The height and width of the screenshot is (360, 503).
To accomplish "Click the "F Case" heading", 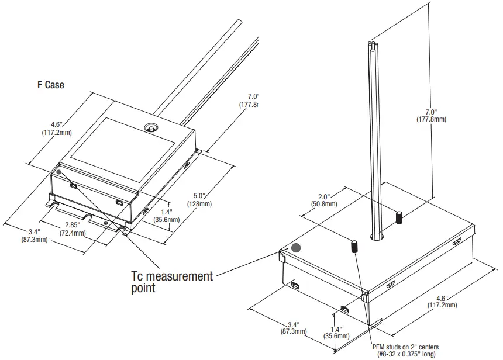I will [x=50, y=85].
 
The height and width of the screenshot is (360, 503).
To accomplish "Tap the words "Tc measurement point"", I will [x=172, y=281].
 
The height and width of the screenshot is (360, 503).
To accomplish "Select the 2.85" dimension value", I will [x=72, y=225].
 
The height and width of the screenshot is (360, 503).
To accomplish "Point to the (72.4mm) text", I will [x=72, y=233].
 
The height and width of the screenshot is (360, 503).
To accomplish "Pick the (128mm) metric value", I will [x=199, y=204].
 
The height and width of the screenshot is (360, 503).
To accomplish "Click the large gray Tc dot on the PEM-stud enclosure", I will [x=296, y=248].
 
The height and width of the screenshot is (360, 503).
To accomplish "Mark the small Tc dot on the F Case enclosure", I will [x=59, y=172].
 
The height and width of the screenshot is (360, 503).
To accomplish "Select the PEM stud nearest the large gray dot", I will [x=355, y=246].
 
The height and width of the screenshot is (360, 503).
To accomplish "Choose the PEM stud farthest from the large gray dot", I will [x=399, y=217].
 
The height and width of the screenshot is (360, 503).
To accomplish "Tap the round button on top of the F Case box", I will [x=151, y=127].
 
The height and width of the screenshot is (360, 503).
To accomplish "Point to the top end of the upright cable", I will [x=374, y=44].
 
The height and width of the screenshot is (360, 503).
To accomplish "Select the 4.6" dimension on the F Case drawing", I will [x=57, y=124].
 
